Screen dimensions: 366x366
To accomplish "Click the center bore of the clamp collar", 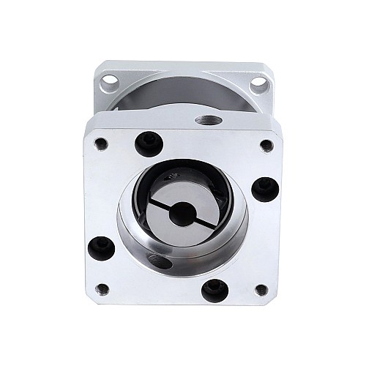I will [182, 213].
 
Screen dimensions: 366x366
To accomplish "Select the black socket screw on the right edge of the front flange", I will [264, 188].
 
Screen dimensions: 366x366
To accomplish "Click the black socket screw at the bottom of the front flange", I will [214, 290].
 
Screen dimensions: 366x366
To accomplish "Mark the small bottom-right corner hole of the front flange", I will [261, 290].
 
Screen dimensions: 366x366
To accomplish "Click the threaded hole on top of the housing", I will [205, 119].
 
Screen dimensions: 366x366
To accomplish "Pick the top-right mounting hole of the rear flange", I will [258, 85].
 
